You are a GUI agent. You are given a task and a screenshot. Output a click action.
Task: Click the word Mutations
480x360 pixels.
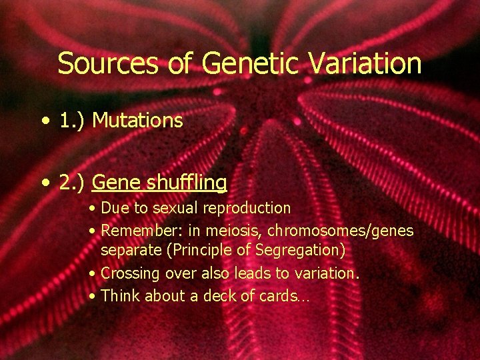pos(138,121)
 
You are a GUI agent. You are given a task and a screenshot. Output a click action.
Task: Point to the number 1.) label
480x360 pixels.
pos(73,121)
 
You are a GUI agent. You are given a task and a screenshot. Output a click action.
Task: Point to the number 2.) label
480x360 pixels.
pos(73,182)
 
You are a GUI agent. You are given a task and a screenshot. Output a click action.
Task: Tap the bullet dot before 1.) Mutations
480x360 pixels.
pos(45,121)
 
